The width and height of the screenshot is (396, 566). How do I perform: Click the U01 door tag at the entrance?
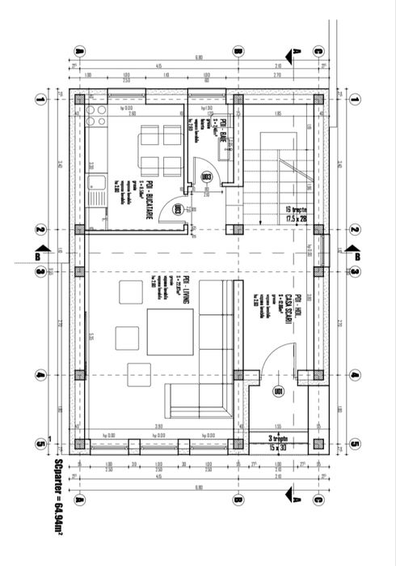(279, 392)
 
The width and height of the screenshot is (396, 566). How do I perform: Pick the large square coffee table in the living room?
(170, 334)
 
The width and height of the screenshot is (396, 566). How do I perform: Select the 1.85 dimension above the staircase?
(277, 114)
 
